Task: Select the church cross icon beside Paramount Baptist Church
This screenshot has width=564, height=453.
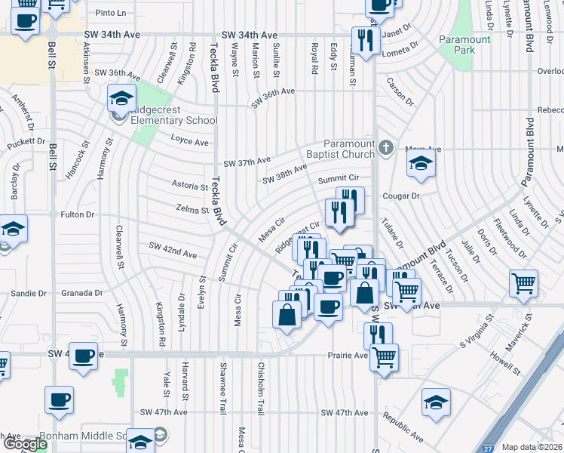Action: (386, 147)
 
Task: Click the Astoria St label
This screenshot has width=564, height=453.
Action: (190, 184)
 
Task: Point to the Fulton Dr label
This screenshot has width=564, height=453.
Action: (78, 214)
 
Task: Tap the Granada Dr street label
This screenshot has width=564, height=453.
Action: (83, 293)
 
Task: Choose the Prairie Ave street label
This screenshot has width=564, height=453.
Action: (348, 355)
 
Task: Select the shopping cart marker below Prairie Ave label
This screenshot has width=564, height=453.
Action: (385, 357)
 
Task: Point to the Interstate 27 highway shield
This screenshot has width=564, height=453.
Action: (489, 447)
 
